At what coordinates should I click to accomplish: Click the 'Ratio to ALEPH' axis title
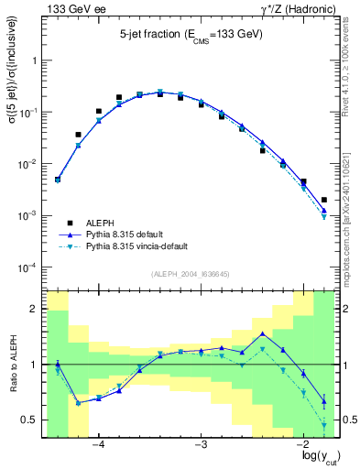point(12,365)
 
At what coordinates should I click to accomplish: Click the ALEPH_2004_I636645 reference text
point(191,275)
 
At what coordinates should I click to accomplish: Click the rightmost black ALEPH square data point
point(324,200)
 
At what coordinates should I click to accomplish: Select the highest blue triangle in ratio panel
point(263,333)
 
